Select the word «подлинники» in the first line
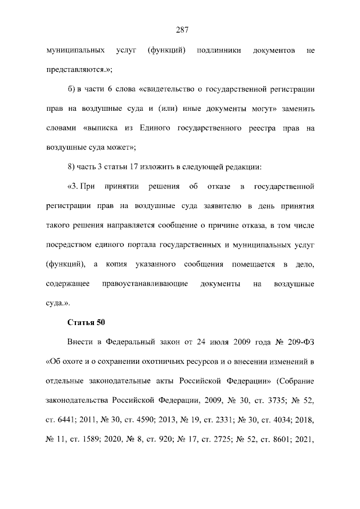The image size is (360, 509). point(219,51)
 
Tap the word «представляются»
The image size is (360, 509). point(75,70)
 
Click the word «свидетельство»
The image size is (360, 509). point(166,89)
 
